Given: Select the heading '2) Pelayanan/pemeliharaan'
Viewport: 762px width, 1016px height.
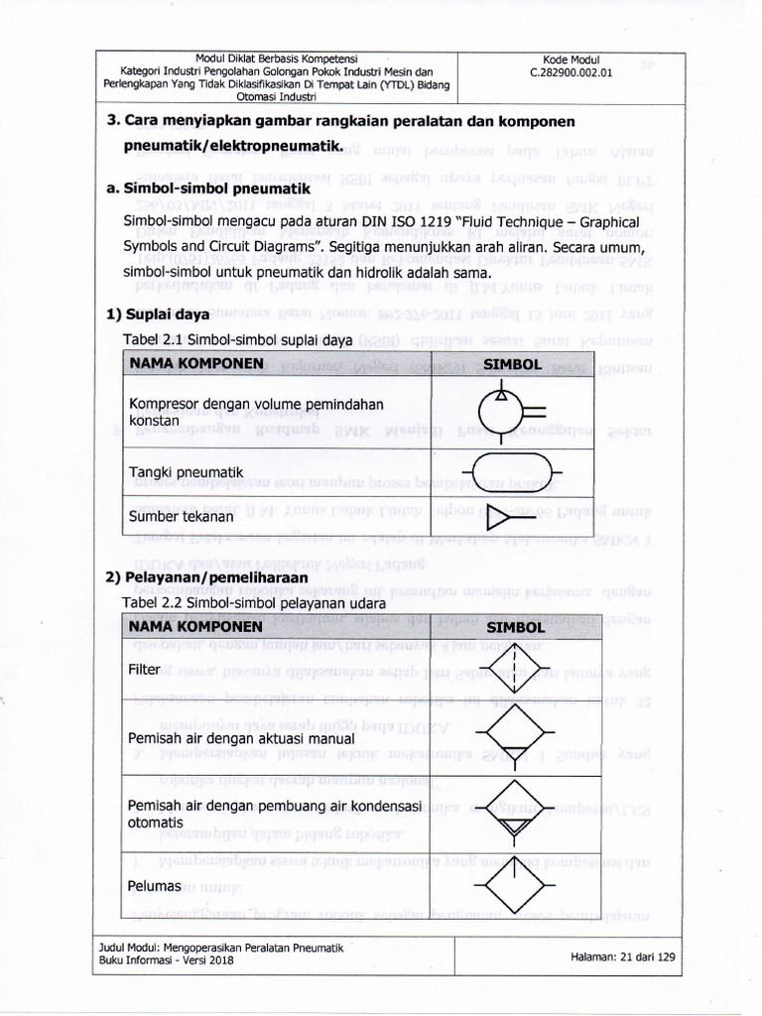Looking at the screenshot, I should point(207,576).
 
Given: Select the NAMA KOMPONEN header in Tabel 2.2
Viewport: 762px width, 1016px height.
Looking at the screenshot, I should point(194,627).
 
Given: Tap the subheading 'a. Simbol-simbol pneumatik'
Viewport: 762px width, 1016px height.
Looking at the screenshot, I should point(207,189).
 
